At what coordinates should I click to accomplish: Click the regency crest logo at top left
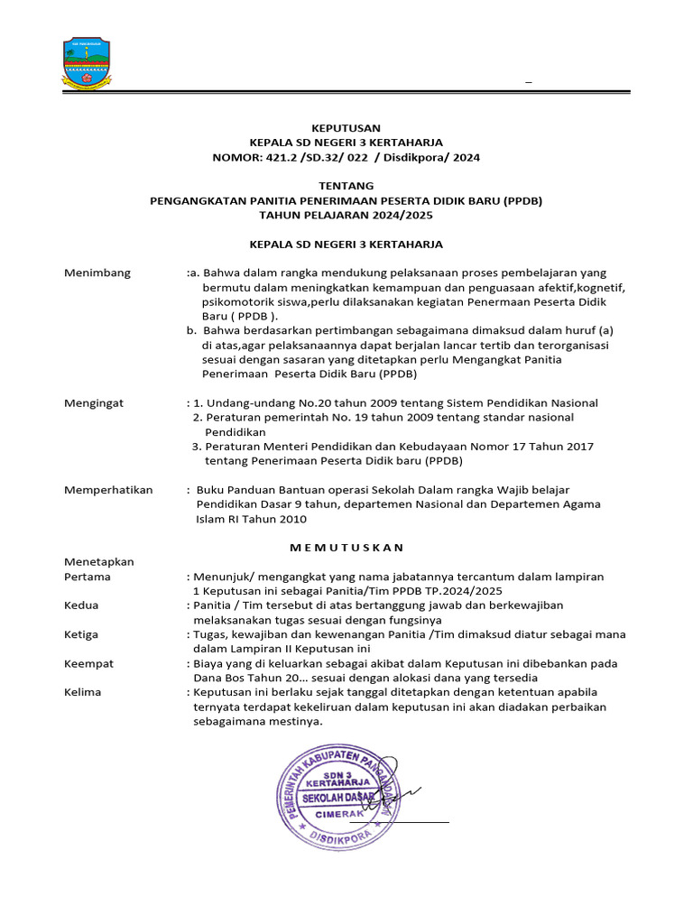point(88,63)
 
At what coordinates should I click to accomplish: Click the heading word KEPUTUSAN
point(346,128)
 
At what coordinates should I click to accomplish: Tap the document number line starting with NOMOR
point(346,157)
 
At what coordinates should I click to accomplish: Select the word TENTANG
point(346,186)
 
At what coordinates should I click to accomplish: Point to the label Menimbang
point(97,273)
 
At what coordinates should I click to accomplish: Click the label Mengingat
point(94,402)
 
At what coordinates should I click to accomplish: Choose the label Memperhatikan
point(108,490)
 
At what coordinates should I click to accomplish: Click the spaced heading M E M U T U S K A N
point(346,548)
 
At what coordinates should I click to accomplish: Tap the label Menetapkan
point(98,562)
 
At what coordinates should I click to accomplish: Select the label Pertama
point(88,577)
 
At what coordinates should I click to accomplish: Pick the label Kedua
point(81,605)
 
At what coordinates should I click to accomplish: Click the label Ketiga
point(81,634)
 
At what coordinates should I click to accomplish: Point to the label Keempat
point(88,663)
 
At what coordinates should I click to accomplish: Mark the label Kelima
point(83,692)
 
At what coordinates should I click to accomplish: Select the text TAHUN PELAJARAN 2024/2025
point(346,215)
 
